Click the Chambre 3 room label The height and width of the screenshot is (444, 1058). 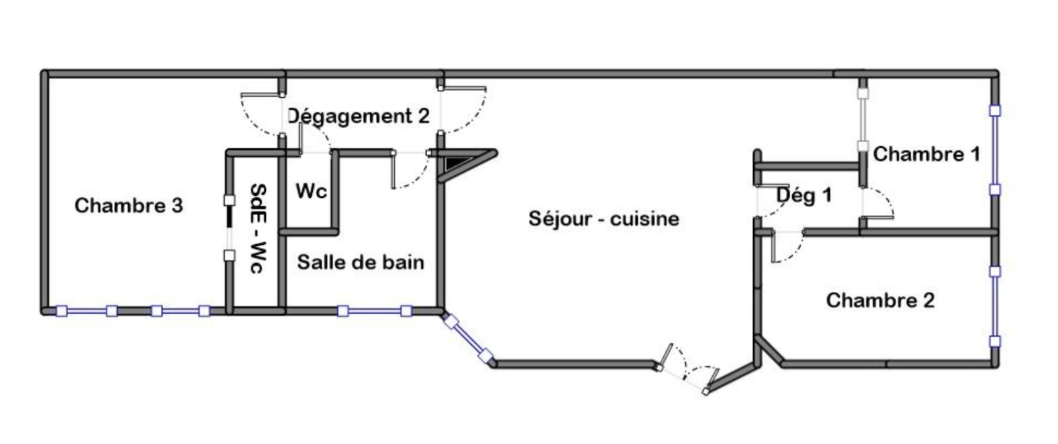(128, 205)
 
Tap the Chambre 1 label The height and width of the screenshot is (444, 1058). (926, 154)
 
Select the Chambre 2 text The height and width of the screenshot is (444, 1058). (880, 300)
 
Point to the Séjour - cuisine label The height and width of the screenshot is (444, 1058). (603, 218)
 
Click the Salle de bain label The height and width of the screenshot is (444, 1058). (360, 262)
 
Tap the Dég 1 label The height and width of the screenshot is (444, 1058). (803, 195)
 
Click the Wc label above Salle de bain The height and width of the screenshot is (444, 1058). (311, 191)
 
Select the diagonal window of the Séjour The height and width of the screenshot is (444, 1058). (468, 340)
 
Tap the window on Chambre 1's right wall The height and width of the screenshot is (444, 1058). (995, 150)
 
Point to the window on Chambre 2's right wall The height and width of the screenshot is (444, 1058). (995, 306)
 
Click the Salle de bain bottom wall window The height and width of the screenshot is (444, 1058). (374, 310)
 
